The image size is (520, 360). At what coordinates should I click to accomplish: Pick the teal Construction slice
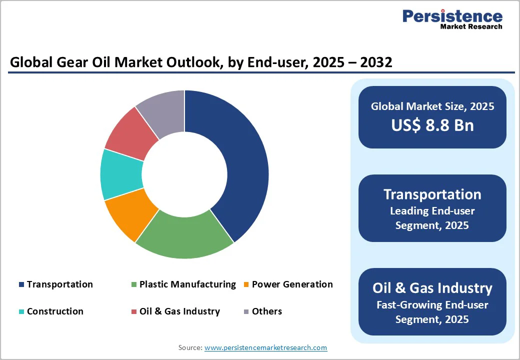click(x=120, y=175)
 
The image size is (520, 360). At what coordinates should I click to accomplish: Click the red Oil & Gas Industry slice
click(x=130, y=132)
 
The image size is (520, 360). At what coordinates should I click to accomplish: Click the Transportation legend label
click(x=59, y=284)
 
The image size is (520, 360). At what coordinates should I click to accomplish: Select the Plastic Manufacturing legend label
click(x=187, y=284)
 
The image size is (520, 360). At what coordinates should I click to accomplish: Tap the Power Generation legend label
click(x=292, y=284)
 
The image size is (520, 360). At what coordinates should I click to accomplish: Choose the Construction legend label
click(x=55, y=311)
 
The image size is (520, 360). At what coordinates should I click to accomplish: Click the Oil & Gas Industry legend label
click(x=179, y=311)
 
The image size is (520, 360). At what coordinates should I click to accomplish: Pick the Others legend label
click(x=266, y=311)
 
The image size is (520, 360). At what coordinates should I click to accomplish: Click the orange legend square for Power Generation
click(x=246, y=285)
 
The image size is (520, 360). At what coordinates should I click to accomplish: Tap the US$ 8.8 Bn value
click(x=432, y=125)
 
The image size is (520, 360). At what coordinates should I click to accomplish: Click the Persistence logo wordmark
click(x=452, y=16)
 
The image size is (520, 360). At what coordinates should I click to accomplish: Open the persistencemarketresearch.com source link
click(x=265, y=347)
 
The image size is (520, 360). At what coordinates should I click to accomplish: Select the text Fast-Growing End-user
click(x=432, y=304)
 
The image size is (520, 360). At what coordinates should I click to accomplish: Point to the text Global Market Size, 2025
click(x=432, y=106)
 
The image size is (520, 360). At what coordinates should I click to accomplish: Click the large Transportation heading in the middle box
click(x=432, y=194)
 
